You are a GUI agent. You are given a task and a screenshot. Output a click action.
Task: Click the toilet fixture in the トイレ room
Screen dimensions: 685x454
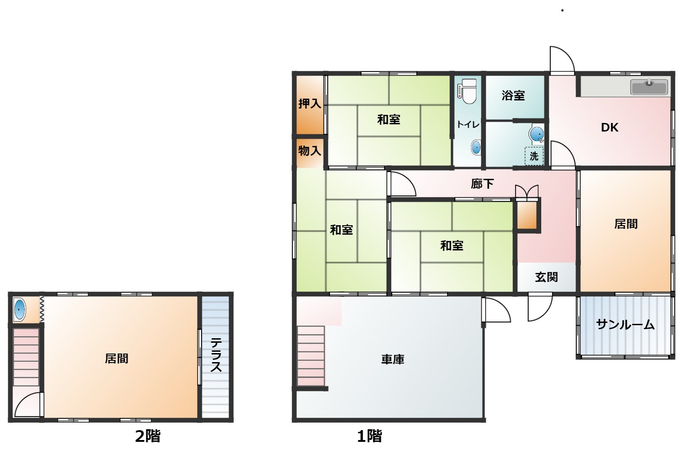click(467, 91)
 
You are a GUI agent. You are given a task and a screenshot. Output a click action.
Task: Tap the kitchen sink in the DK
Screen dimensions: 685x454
click(649, 87)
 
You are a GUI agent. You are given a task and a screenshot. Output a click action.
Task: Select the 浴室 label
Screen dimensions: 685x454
click(513, 95)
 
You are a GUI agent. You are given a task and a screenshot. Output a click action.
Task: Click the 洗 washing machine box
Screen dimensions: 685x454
click(534, 156)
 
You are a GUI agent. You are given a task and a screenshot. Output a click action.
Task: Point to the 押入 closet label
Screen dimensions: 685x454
click(310, 104)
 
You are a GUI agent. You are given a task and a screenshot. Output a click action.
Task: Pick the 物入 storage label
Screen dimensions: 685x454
click(310, 151)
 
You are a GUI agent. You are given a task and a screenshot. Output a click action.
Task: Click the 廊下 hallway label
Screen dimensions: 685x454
click(482, 184)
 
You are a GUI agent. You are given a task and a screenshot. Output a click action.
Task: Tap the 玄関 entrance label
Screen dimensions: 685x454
click(547, 277)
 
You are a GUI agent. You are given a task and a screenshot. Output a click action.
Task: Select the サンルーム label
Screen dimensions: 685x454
click(626, 324)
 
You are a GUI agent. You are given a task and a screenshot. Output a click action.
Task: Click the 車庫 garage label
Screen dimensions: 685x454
click(393, 359)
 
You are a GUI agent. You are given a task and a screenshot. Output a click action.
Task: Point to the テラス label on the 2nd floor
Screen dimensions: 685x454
click(216, 355)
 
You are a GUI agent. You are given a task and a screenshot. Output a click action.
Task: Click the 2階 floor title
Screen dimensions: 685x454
click(148, 436)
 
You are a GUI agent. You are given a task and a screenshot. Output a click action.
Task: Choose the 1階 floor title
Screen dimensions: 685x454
click(370, 436)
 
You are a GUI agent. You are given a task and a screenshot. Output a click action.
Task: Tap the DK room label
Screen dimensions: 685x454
click(609, 127)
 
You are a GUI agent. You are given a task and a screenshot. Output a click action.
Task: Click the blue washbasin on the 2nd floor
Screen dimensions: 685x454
click(19, 309)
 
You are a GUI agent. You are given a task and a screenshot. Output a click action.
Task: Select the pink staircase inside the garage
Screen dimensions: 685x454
click(311, 356)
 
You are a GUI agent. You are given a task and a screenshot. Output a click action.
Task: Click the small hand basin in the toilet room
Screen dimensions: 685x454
click(476, 147)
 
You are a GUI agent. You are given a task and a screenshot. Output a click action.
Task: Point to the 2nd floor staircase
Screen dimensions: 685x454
click(26, 358)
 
